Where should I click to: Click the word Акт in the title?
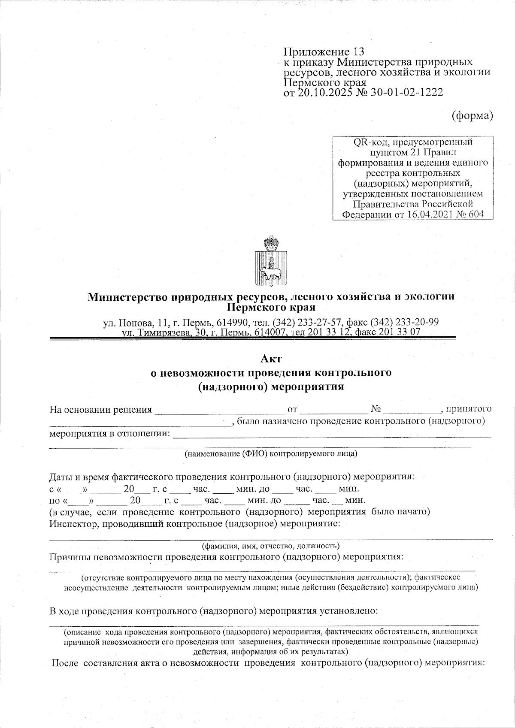pyautogui.click(x=271, y=358)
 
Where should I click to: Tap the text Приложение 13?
pyautogui.click(x=324, y=52)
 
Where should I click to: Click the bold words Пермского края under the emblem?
pyautogui.click(x=271, y=307)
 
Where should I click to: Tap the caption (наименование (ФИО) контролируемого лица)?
pyautogui.click(x=271, y=453)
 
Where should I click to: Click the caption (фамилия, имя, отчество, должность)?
pyautogui.click(x=271, y=546)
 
